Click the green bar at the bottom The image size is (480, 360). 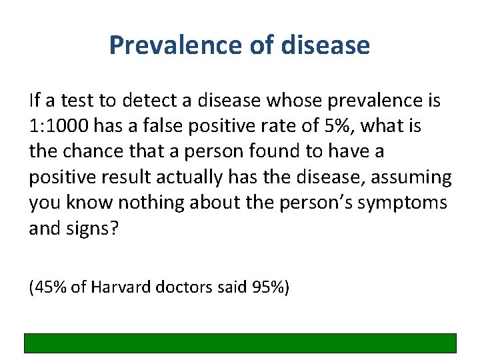[x=240, y=343]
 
